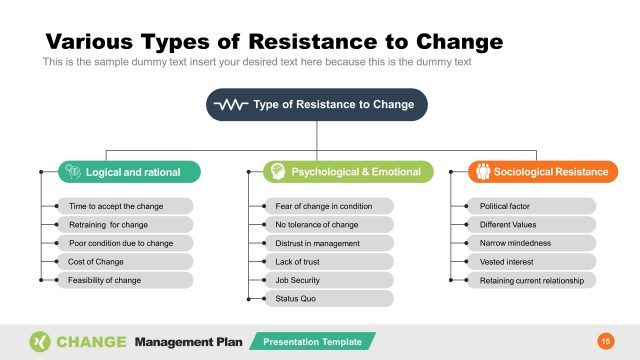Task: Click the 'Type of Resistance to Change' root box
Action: [317, 104]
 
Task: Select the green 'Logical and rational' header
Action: [129, 172]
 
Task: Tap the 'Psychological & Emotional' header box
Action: [348, 172]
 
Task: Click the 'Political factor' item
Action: [531, 206]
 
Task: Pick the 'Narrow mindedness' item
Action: [531, 243]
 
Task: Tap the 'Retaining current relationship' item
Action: [531, 280]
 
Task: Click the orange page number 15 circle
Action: [605, 342]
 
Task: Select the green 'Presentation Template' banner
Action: [312, 342]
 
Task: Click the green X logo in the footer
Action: [40, 342]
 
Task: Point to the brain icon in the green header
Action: [72, 172]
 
